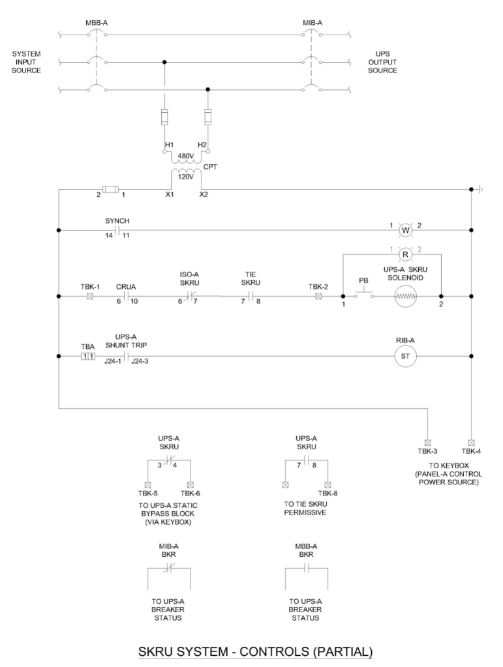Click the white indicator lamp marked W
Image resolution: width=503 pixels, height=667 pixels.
click(x=404, y=230)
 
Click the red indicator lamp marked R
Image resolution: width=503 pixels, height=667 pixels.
click(x=404, y=255)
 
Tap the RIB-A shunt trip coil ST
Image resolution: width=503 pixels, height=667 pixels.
click(x=404, y=357)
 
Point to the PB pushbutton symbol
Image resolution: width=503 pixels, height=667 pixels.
click(x=363, y=295)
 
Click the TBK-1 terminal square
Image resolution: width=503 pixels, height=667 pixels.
click(x=89, y=296)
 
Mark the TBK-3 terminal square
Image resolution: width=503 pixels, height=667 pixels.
click(x=427, y=441)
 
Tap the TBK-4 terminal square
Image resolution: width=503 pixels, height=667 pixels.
click(x=471, y=441)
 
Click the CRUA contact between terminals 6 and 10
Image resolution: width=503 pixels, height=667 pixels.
click(x=124, y=296)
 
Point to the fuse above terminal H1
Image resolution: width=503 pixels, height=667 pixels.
click(x=164, y=119)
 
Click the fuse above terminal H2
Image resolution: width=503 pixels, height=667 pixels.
click(x=208, y=119)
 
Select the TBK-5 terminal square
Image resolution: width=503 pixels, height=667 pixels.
click(x=148, y=484)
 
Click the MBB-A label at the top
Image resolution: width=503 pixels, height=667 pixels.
click(x=97, y=23)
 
